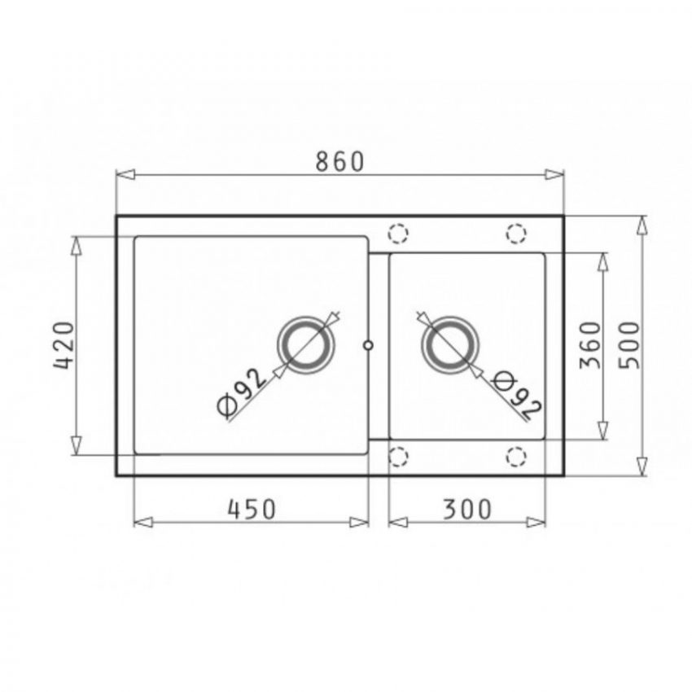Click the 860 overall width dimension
(339, 162)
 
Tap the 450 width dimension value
(252, 509)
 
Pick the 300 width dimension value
(467, 509)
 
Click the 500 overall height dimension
(631, 345)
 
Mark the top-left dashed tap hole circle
(397, 234)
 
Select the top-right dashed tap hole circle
(516, 234)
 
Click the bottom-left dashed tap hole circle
(397, 457)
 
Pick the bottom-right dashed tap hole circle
(516, 457)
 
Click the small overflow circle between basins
(369, 345)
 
